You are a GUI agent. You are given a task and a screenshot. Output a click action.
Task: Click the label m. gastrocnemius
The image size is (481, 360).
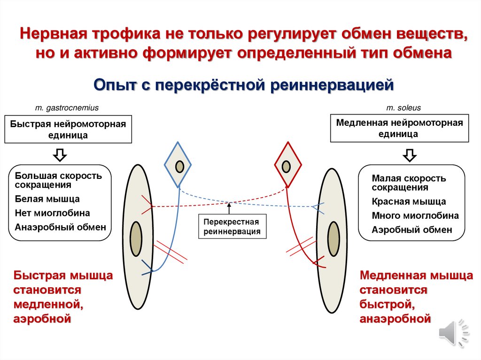[x=67, y=108]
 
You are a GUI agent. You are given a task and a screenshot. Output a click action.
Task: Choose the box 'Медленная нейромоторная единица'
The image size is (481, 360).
[x=400, y=128]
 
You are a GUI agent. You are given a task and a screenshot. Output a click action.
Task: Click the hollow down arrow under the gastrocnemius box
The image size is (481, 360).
[x=60, y=154]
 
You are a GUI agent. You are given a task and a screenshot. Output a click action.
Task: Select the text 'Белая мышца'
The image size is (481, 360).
[x=47, y=199]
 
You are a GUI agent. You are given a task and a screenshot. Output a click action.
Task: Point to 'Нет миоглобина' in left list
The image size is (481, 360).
[x=52, y=213]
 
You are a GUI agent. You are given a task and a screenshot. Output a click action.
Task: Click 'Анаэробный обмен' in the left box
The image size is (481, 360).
[x=60, y=227]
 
